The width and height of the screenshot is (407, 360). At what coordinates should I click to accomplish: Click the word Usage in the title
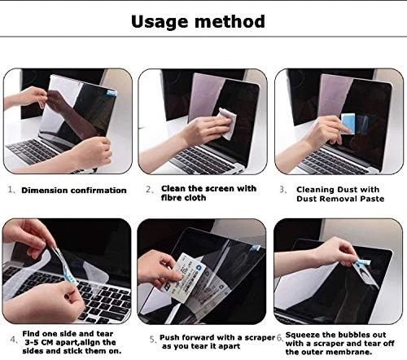(x=165, y=20)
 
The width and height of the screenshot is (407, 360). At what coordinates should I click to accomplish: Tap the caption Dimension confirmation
(x=74, y=191)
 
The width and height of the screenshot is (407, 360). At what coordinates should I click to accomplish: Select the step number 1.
(x=11, y=191)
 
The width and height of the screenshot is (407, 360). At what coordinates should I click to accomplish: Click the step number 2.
(x=149, y=189)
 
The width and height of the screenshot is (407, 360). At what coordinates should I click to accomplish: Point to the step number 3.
(x=282, y=189)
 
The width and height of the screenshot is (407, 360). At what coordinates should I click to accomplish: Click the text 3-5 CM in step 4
(x=42, y=344)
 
